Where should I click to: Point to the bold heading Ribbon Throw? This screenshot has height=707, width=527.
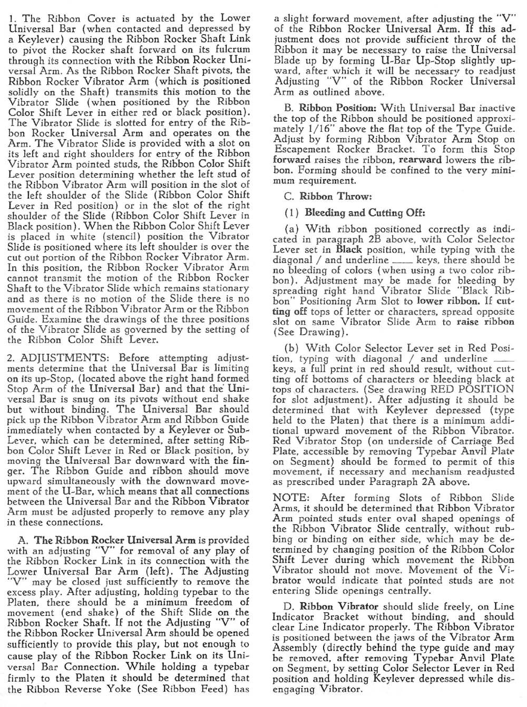click(x=336, y=196)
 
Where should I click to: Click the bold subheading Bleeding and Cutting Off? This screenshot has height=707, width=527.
click(x=365, y=213)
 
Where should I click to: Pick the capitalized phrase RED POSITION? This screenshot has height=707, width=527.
click(x=472, y=390)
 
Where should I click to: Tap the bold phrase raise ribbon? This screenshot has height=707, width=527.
click(x=485, y=322)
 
